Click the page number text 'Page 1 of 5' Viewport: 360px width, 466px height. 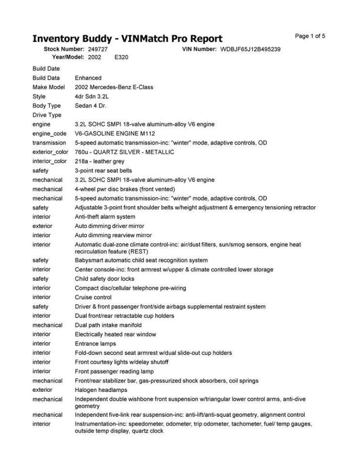(x=310, y=36)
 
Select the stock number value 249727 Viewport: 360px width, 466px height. (x=98, y=50)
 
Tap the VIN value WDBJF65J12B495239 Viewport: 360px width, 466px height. (x=250, y=50)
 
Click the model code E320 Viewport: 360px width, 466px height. (x=121, y=57)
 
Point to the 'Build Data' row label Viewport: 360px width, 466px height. (x=46, y=78)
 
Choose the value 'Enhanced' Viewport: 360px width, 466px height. (x=88, y=78)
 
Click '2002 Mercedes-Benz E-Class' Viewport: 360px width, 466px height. (x=114, y=87)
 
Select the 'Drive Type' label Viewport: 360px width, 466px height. (x=47, y=115)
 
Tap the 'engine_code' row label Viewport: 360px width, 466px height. (x=49, y=133)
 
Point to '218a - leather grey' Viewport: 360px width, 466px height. (x=99, y=161)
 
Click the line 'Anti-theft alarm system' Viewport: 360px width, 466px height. (x=105, y=216)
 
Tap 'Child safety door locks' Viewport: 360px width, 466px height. (x=104, y=279)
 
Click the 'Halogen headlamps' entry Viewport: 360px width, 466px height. (x=101, y=390)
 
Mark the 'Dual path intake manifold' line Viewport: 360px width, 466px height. (x=108, y=325)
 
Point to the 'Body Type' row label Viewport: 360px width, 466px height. (x=47, y=105)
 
